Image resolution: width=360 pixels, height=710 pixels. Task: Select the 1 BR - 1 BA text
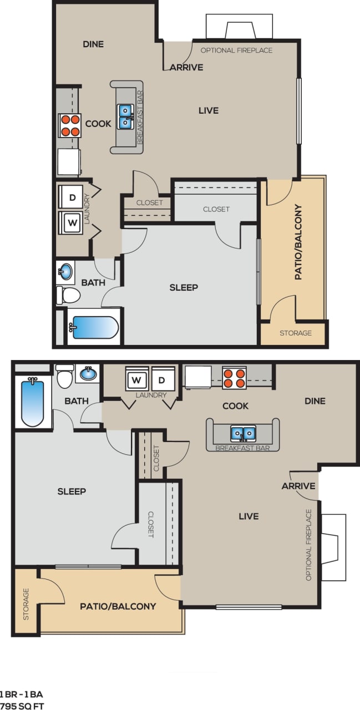(x=22, y=693)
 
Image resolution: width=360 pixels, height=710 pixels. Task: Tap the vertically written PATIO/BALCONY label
(x=298, y=242)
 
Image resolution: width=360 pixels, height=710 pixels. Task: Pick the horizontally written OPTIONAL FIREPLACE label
(x=236, y=50)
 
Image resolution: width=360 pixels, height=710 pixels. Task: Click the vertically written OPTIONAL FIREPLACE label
(x=309, y=545)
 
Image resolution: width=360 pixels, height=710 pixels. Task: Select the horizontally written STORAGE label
(x=295, y=333)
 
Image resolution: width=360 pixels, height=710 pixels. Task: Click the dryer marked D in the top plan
(x=71, y=196)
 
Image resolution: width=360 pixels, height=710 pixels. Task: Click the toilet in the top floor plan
(x=67, y=294)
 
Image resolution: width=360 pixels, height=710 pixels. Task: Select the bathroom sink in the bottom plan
(x=88, y=374)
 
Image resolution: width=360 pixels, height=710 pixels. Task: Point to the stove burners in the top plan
(x=69, y=125)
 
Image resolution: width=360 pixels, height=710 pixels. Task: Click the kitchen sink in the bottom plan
(x=243, y=433)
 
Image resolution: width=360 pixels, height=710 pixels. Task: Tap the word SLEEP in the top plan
(x=184, y=287)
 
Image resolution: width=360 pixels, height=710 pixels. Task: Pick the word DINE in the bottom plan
(x=315, y=401)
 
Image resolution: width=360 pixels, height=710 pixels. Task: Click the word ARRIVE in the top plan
(x=186, y=68)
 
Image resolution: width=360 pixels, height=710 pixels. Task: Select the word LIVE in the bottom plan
(x=249, y=516)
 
